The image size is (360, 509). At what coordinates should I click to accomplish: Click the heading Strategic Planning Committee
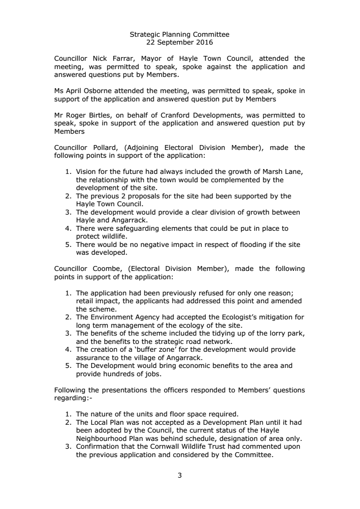coord(179,35)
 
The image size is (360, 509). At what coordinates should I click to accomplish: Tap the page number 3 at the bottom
coord(180,474)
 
